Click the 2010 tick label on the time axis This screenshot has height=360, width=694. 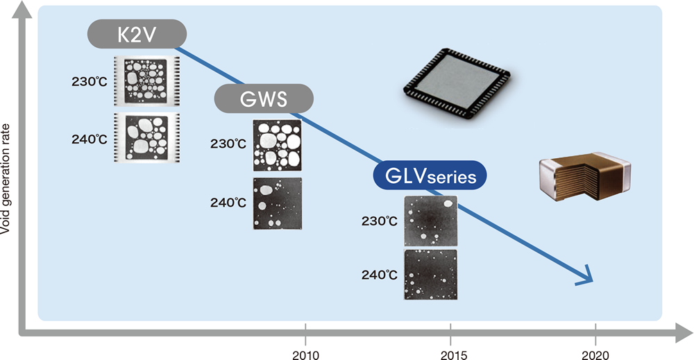(x=305, y=355)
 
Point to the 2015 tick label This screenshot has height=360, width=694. (x=451, y=355)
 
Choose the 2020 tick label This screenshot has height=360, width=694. (x=595, y=355)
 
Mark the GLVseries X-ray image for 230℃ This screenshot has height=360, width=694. (x=431, y=221)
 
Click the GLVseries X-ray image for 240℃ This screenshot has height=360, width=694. (x=431, y=275)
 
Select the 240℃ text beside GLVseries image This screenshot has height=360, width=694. (x=379, y=275)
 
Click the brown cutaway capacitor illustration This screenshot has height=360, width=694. (x=586, y=175)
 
